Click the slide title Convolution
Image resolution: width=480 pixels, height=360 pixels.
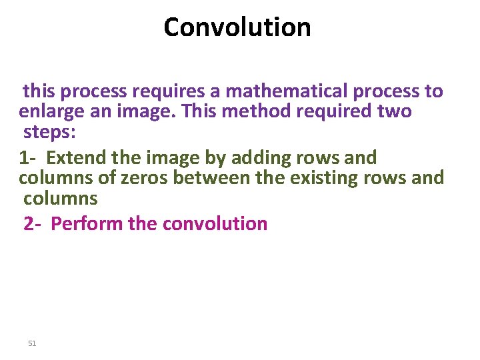point(237,27)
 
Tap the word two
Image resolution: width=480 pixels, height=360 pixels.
point(395,111)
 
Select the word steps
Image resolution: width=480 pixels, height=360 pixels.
point(49,131)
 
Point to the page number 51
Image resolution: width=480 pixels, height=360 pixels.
point(32,343)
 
